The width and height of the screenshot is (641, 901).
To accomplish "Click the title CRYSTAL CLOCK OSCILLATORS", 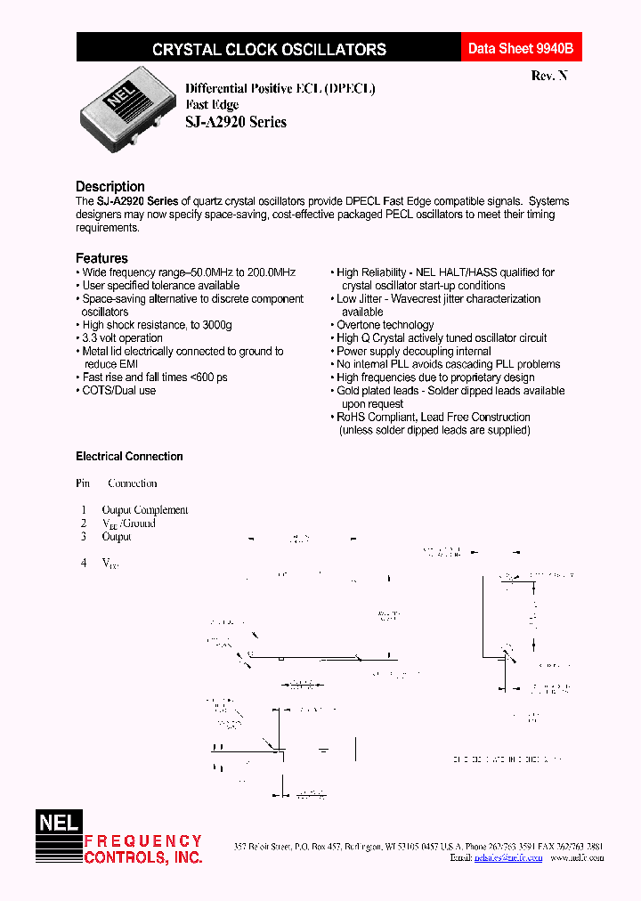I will [x=269, y=50].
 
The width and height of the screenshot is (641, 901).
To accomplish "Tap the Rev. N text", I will [x=548, y=76].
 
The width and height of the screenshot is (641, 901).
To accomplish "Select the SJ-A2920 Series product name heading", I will [x=236, y=122].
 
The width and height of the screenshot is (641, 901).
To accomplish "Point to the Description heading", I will [x=110, y=186].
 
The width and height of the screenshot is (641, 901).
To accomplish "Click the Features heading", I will [x=101, y=258].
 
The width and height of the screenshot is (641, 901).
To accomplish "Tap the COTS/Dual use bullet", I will [x=118, y=391].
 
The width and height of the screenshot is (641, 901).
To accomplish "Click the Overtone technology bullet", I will [x=385, y=325].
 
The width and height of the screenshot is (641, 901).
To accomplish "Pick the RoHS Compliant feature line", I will [x=433, y=417].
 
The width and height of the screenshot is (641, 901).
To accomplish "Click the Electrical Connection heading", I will [x=129, y=457].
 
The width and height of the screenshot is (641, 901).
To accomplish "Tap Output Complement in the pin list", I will [x=145, y=510].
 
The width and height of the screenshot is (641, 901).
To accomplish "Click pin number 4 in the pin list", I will [x=85, y=563].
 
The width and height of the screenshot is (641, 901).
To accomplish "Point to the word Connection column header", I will [x=132, y=483].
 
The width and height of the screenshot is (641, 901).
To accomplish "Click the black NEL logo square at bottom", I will [x=58, y=824].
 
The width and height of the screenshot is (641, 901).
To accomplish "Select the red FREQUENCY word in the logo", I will [x=143, y=841].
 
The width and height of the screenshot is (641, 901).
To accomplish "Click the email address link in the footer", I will [x=508, y=858].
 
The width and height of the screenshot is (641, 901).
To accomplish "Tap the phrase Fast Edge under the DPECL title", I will [x=212, y=105].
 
